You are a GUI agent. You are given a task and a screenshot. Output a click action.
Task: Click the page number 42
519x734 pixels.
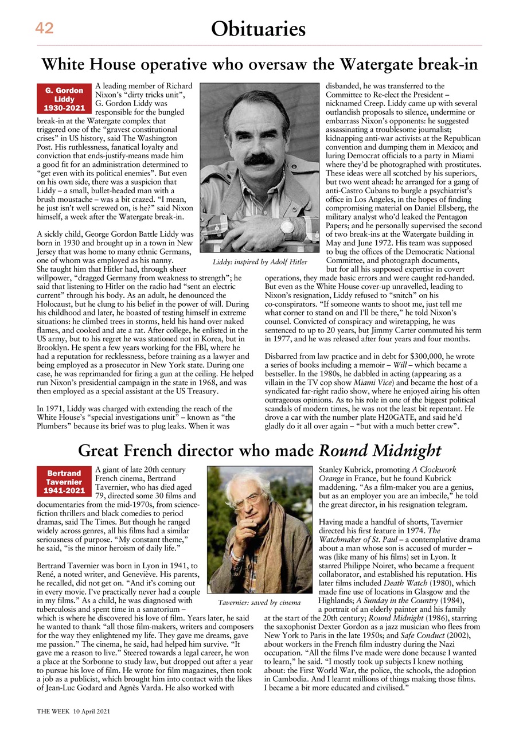coord(44,28)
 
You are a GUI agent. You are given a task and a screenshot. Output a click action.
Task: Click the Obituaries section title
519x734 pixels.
coord(258,28)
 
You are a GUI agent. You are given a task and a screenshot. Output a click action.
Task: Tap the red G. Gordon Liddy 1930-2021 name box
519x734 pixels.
coord(64,99)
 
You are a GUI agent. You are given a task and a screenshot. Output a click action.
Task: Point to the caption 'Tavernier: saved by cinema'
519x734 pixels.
coord(259,603)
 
